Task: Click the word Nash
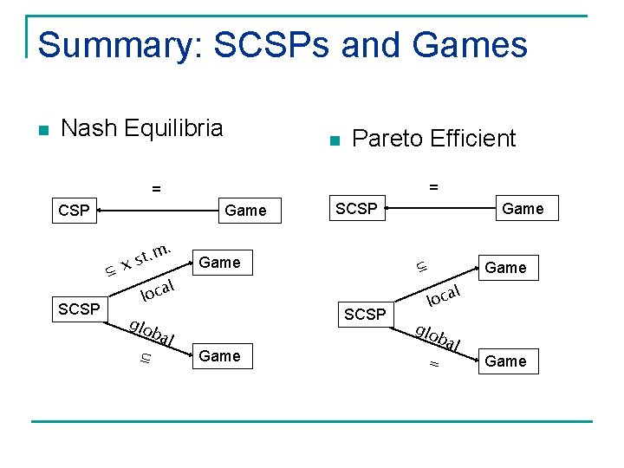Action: click(90, 129)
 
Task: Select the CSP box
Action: click(74, 211)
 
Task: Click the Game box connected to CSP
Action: click(245, 211)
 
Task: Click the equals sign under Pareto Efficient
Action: click(433, 185)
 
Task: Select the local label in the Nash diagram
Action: click(159, 289)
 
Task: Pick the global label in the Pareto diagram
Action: click(438, 337)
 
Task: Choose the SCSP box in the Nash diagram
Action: click(79, 309)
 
